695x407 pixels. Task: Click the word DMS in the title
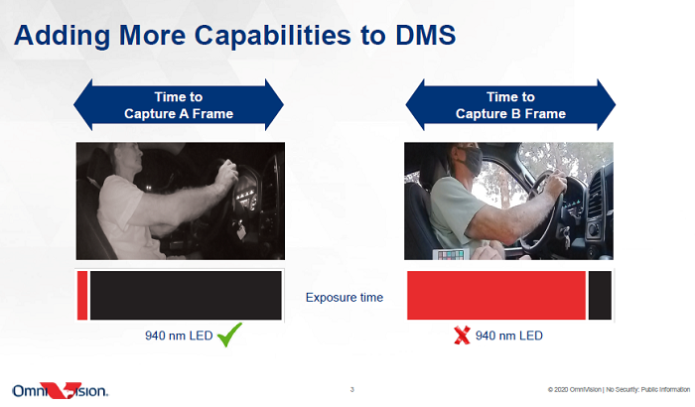tap(425, 35)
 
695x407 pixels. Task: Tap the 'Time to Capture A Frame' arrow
tap(179, 105)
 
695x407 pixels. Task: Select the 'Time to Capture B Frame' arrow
tap(510, 105)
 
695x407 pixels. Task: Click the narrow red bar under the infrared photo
tap(82, 295)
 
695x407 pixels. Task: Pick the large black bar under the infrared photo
tap(186, 295)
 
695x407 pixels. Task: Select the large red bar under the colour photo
tap(496, 295)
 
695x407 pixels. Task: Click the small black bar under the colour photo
tap(600, 295)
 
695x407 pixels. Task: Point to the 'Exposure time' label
tap(345, 297)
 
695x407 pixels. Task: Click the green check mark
tap(229, 335)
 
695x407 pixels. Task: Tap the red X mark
tap(462, 336)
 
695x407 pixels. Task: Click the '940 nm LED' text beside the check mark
tap(179, 336)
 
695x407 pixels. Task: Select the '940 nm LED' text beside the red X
tap(508, 336)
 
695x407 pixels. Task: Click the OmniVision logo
tap(61, 390)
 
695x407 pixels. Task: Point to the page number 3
tap(351, 390)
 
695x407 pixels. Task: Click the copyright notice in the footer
tap(619, 390)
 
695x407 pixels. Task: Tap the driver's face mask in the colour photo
tap(471, 161)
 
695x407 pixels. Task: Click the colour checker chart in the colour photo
tap(451, 254)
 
